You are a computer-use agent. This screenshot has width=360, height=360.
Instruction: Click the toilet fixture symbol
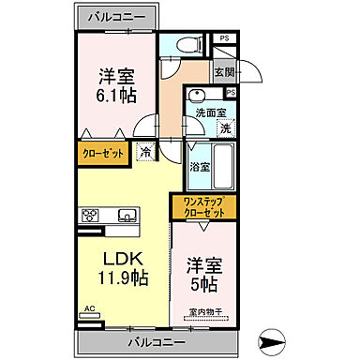tap(183, 45)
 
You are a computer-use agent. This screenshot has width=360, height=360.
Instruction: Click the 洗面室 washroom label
tap(210, 112)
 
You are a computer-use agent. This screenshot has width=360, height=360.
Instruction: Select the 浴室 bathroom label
tap(200, 167)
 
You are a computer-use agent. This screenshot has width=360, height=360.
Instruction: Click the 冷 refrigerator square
tap(146, 150)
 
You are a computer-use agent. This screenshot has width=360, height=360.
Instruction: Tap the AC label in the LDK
tap(90, 307)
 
